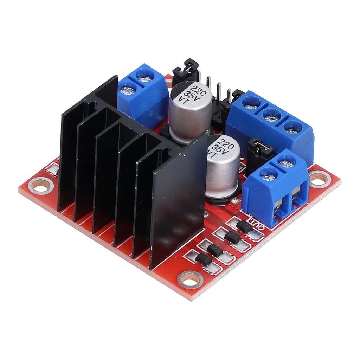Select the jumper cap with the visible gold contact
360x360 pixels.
pos(261,148)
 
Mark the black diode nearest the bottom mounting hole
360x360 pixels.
pos(204,259)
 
